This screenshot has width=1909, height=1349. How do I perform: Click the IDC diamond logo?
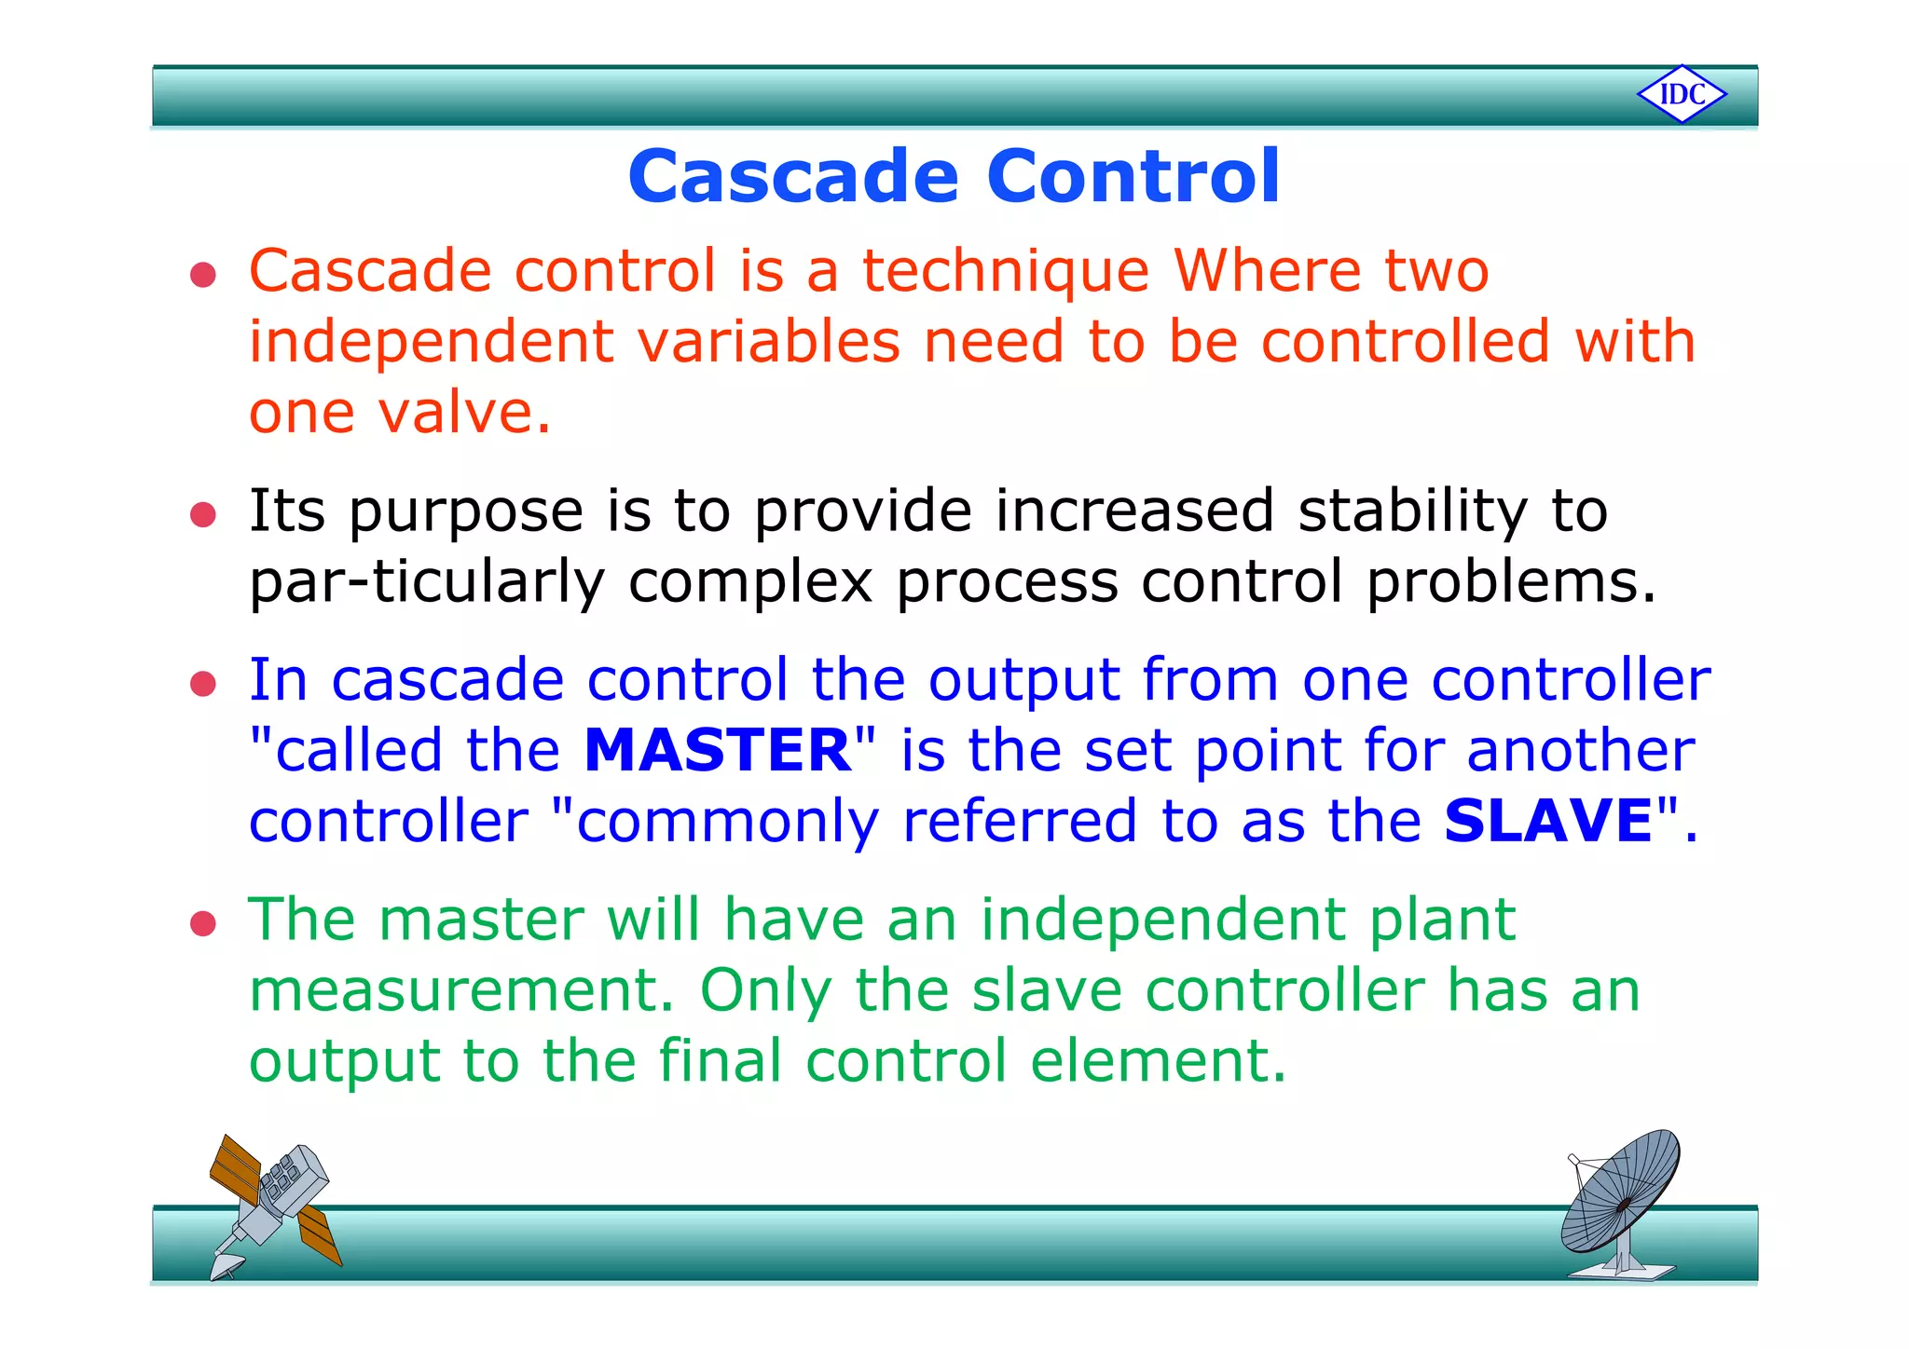(x=1682, y=94)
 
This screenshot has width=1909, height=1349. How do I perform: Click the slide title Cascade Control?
(x=954, y=176)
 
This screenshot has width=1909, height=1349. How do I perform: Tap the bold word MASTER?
(x=717, y=751)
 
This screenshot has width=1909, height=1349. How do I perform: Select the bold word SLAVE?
(x=1548, y=821)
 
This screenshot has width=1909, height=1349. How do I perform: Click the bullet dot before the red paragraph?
(x=203, y=275)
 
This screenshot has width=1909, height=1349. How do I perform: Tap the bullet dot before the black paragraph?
(x=203, y=514)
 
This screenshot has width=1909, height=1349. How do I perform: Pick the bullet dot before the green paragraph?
(x=203, y=924)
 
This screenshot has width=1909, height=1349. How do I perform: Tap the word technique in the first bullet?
(x=1005, y=271)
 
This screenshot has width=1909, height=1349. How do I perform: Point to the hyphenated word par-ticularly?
(x=427, y=583)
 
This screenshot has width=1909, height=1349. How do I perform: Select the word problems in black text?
(x=1510, y=581)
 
